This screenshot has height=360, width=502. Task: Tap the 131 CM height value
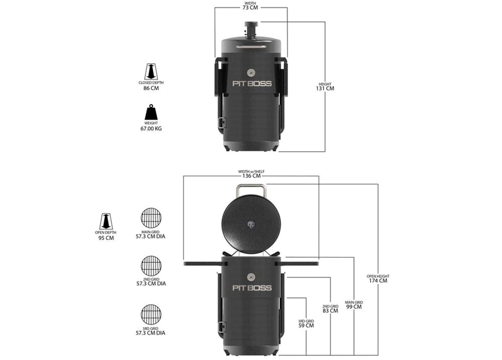pyautogui.click(x=325, y=89)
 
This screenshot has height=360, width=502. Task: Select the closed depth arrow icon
pyautogui.click(x=151, y=71)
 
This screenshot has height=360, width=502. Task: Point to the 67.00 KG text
pyautogui.click(x=151, y=129)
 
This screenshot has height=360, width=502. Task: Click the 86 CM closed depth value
pyautogui.click(x=151, y=88)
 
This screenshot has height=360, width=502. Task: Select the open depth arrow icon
pyautogui.click(x=106, y=221)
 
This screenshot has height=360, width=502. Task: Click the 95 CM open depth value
pyautogui.click(x=106, y=238)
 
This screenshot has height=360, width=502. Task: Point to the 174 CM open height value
pyautogui.click(x=378, y=281)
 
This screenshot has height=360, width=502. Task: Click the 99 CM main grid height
pyautogui.click(x=354, y=307)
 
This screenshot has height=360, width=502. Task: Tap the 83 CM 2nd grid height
pyautogui.click(x=330, y=311)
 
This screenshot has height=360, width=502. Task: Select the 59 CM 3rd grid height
pyautogui.click(x=306, y=325)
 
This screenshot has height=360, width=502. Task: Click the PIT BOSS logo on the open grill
pyautogui.click(x=251, y=288)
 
